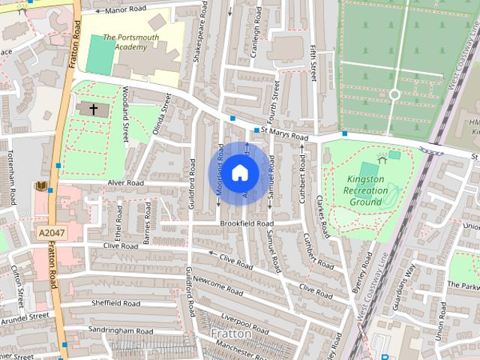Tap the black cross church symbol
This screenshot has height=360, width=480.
tap(94, 109)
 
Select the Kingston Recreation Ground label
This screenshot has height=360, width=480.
tap(367, 190)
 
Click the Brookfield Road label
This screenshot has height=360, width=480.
tap(247, 223)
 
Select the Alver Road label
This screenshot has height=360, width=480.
tap(125, 182)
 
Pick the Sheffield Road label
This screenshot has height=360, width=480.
tap(115, 304)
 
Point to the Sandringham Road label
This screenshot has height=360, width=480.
tap(120, 331)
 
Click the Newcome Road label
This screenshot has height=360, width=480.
tap(217, 284)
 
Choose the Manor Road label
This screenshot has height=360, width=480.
tap(125, 10)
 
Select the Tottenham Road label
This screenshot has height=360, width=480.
tap(13, 184)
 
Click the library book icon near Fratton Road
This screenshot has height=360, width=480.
tap(41, 186)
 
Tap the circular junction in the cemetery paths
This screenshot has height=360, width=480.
tap(394, 95)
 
